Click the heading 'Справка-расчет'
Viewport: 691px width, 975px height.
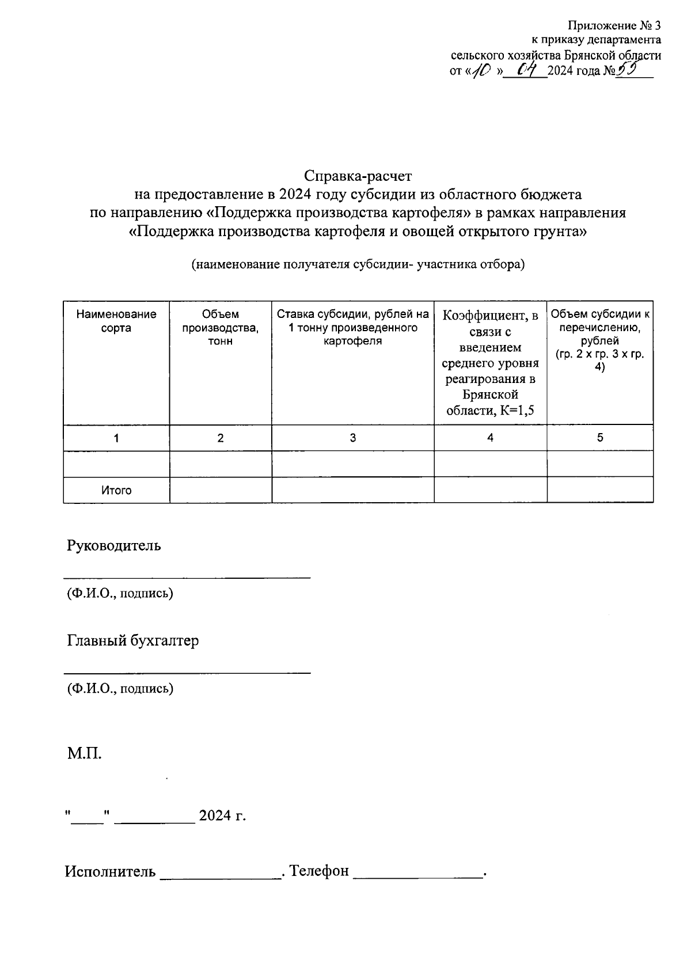coord(358,174)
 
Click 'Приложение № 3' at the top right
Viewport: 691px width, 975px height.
coord(614,25)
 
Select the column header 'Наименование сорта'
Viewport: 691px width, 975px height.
coord(116,321)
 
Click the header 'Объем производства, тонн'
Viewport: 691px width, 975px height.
coord(221,327)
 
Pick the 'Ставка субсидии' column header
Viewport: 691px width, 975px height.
coord(352,327)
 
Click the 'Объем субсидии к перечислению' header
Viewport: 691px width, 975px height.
coord(600,340)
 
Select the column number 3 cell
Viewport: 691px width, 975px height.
coord(352,438)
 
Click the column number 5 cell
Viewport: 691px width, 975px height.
coord(600,438)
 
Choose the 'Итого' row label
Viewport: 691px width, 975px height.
coord(116,491)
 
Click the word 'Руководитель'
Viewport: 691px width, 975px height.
coord(114,545)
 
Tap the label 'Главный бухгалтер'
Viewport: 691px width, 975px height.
coord(133,640)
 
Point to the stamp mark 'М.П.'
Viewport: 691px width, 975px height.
coord(84,753)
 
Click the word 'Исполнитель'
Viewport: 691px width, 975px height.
coord(110,871)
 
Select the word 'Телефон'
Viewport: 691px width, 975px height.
coord(319,871)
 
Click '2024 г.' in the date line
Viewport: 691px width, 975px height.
coord(222,816)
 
